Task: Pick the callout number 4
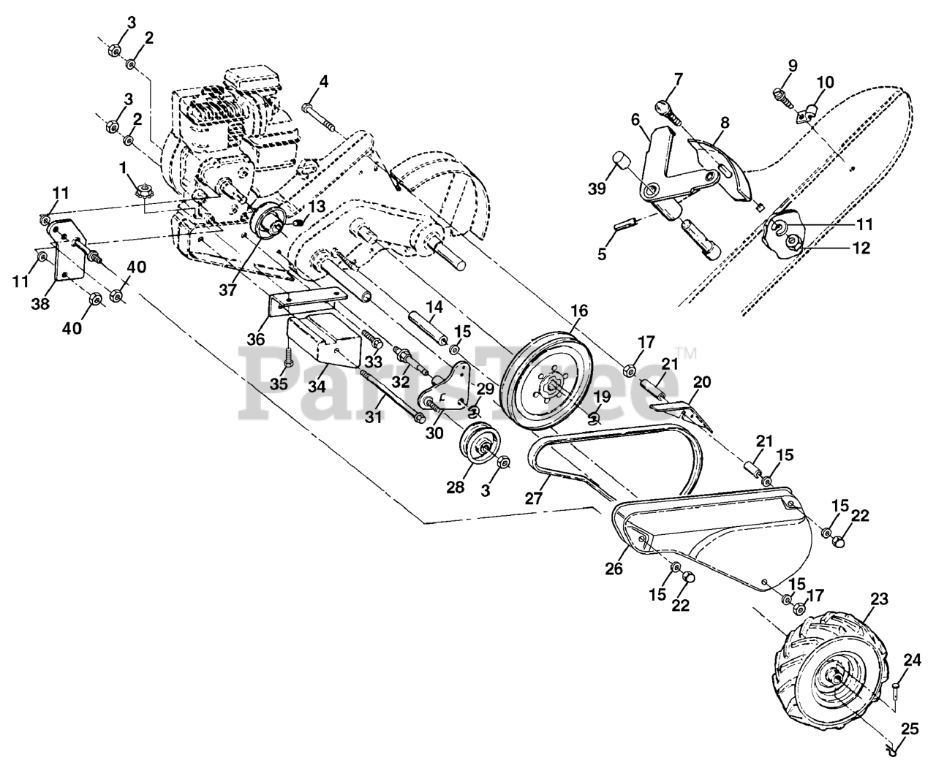pyautogui.click(x=323, y=81)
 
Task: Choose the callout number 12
pyautogui.click(x=861, y=248)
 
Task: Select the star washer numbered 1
pyautogui.click(x=143, y=194)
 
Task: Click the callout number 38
pyautogui.click(x=41, y=303)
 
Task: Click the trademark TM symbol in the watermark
pyautogui.click(x=687, y=353)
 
